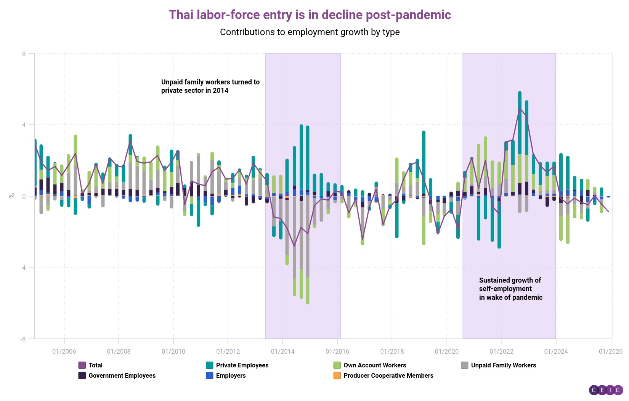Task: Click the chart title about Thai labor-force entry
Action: (310, 15)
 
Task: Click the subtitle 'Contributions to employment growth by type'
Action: (310, 32)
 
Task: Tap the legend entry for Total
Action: (91, 365)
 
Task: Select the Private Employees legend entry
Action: (237, 365)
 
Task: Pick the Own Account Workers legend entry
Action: (370, 365)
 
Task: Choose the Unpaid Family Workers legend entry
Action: (499, 365)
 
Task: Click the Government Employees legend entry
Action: (117, 375)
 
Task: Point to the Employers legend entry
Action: (226, 375)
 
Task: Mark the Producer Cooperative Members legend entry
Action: (383, 375)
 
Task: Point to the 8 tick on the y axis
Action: (24, 54)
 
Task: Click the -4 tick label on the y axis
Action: (23, 267)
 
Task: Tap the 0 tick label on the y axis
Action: (24, 196)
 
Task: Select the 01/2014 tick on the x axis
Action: (282, 351)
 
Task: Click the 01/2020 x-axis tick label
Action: (446, 351)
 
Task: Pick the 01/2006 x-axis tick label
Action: (64, 351)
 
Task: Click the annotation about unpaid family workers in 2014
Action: (210, 86)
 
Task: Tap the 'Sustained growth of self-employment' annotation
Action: (510, 289)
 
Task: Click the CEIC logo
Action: (606, 390)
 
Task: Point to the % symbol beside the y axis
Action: (12, 196)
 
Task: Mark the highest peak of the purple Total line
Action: (520, 108)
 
